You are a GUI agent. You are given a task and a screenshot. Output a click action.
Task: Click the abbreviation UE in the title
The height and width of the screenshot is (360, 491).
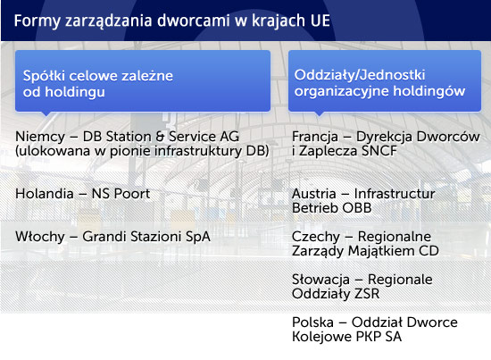tap(320, 21)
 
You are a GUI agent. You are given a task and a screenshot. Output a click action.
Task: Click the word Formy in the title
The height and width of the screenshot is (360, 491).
tap(37, 21)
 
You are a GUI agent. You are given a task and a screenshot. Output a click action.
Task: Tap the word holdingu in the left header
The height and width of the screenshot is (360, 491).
tap(75, 92)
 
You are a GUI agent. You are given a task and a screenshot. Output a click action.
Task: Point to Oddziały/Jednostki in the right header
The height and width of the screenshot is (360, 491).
tap(360, 75)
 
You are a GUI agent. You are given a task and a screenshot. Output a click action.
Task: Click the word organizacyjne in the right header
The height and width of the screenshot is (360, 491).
tap(342, 91)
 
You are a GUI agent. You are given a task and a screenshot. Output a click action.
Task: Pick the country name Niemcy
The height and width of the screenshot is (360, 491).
tap(40, 137)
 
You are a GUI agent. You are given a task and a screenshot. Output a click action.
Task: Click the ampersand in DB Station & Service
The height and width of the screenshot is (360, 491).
tap(160, 137)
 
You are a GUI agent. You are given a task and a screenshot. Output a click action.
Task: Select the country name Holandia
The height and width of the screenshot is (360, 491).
tap(45, 194)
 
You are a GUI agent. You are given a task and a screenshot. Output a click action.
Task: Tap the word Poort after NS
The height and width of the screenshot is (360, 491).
tap(132, 194)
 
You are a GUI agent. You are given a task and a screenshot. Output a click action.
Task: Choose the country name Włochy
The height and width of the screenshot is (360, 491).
tap(40, 237)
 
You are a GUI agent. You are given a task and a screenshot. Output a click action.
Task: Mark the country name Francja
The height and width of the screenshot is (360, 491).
tap(315, 137)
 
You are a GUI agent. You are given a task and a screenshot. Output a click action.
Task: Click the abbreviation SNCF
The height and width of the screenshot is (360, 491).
tap(379, 151)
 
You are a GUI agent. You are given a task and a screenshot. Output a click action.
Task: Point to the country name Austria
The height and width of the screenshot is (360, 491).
tap(313, 194)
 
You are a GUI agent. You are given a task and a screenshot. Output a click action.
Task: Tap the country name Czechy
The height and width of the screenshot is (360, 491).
tap(316, 237)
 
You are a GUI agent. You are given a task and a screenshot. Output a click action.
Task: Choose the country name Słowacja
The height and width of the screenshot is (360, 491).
tap(320, 280)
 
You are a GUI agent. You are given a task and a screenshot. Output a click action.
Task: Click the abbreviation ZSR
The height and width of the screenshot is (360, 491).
tap(367, 294)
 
